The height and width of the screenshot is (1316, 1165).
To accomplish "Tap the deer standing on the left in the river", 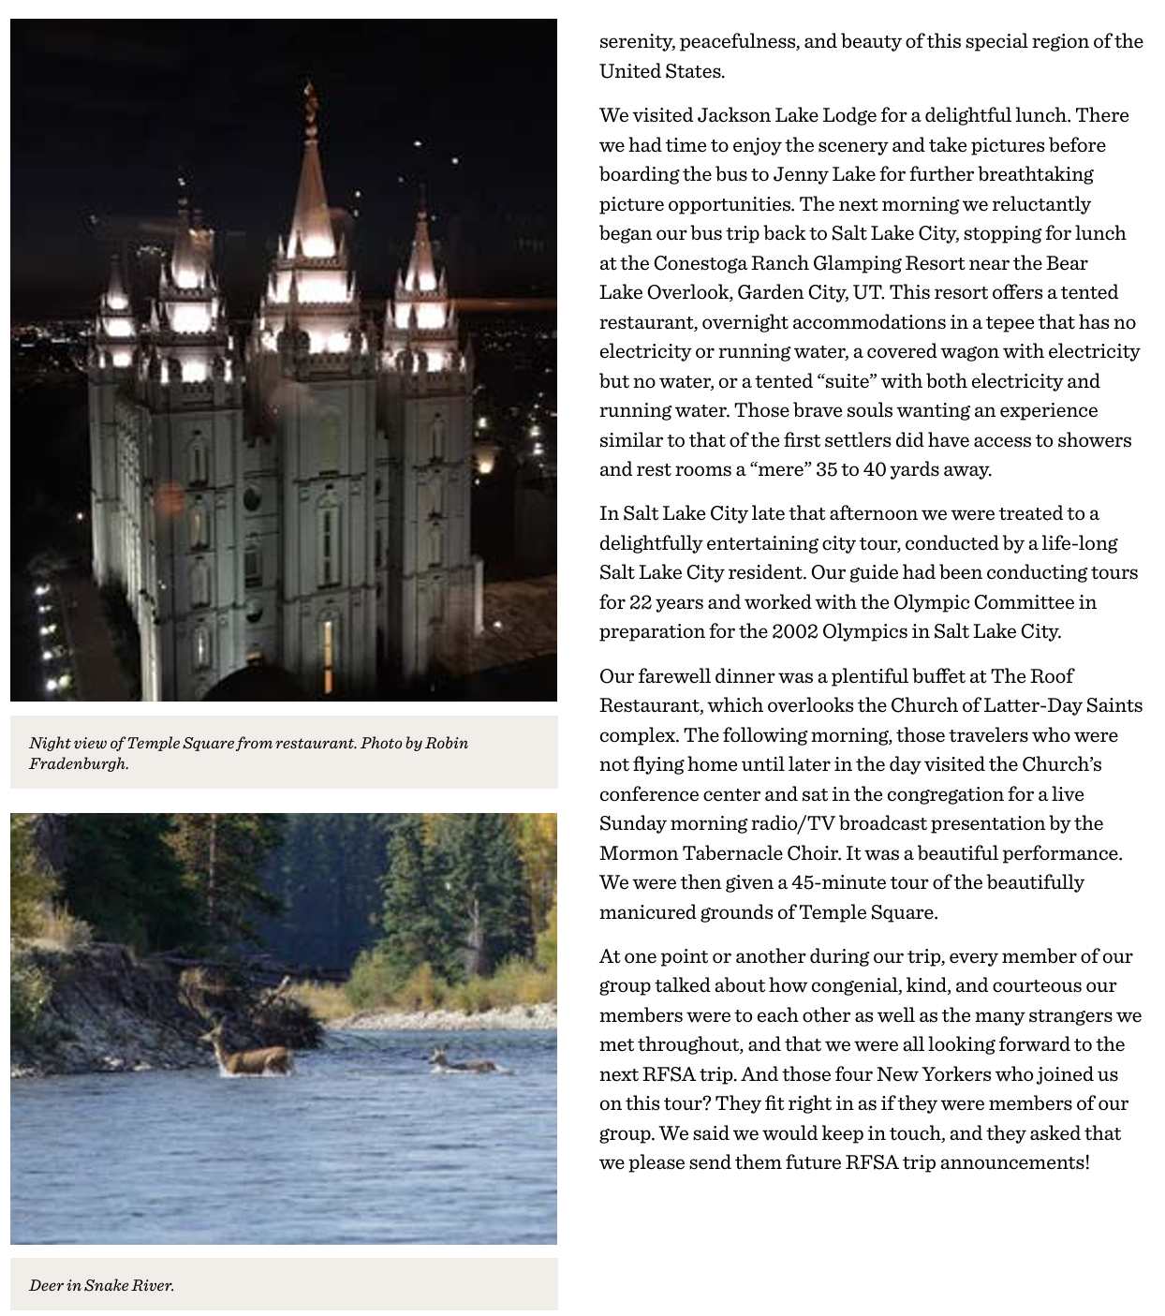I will click(x=245, y=1054).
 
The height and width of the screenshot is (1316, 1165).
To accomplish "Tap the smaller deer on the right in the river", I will click(x=461, y=1062).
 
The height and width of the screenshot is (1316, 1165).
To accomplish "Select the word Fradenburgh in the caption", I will click(x=77, y=763).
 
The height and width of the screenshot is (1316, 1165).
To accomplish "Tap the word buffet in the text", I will click(x=937, y=676).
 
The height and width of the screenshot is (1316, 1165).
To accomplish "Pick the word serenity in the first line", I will click(x=637, y=41).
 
